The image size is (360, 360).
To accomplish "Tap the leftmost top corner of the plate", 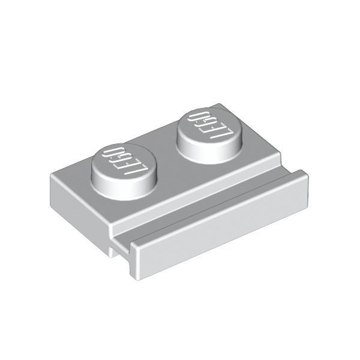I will (51, 175).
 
